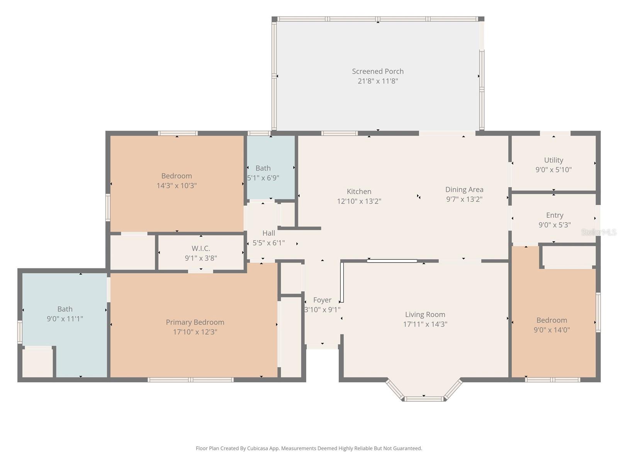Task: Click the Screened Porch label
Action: [x=377, y=71]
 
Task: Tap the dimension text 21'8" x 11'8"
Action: [x=377, y=81]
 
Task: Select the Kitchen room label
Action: [x=359, y=191]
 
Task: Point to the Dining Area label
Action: [x=464, y=189]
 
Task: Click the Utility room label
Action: [x=553, y=160]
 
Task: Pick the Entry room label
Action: [x=554, y=215]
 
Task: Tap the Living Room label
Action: [x=425, y=315]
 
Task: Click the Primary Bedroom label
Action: [x=195, y=322]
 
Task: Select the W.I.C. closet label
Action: [x=200, y=249]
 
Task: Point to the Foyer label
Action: [x=322, y=300]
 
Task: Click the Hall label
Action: [x=268, y=233]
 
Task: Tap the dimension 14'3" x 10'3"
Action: [x=177, y=186]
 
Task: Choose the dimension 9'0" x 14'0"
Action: [x=552, y=330]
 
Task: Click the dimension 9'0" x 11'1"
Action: [x=65, y=319]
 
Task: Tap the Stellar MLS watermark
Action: [x=598, y=232]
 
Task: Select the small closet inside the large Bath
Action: [x=37, y=363]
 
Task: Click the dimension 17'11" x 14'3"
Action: [x=425, y=324]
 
